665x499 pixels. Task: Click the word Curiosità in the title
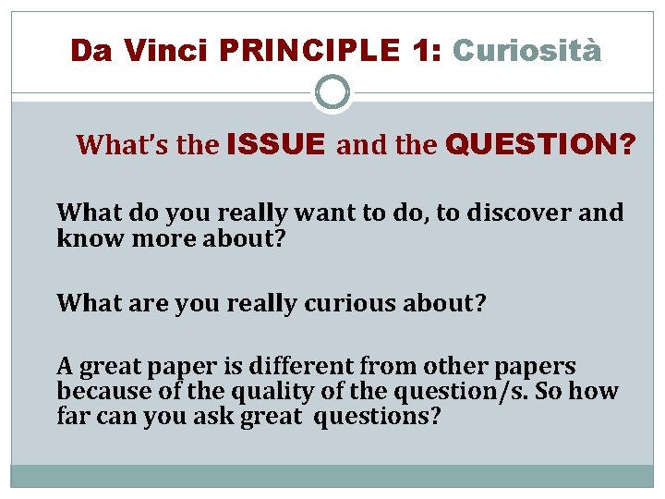tap(526, 50)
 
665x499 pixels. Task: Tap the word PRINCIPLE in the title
tap(309, 50)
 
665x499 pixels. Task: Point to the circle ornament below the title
tap(332, 92)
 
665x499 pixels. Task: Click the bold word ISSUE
tap(275, 144)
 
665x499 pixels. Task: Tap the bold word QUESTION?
tap(540, 144)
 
